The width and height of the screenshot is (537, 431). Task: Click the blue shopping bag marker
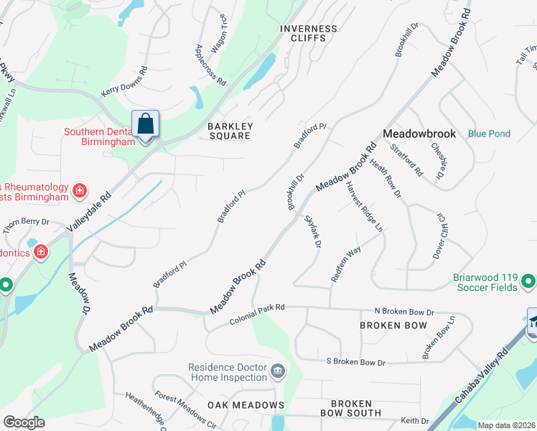(145, 124)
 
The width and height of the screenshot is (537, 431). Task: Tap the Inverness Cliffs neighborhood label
(308, 34)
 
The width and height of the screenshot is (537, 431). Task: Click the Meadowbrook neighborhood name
(419, 134)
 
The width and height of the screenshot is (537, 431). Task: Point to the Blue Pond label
(489, 134)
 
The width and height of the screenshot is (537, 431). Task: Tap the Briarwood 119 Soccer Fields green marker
(528, 281)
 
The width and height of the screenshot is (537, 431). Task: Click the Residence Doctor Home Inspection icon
(277, 372)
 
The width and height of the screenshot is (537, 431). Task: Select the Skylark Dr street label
(312, 231)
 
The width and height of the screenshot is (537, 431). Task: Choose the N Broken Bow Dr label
(404, 312)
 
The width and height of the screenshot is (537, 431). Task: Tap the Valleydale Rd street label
(90, 212)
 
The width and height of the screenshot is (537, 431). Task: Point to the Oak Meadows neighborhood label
(246, 405)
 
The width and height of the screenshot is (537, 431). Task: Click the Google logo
(24, 422)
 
